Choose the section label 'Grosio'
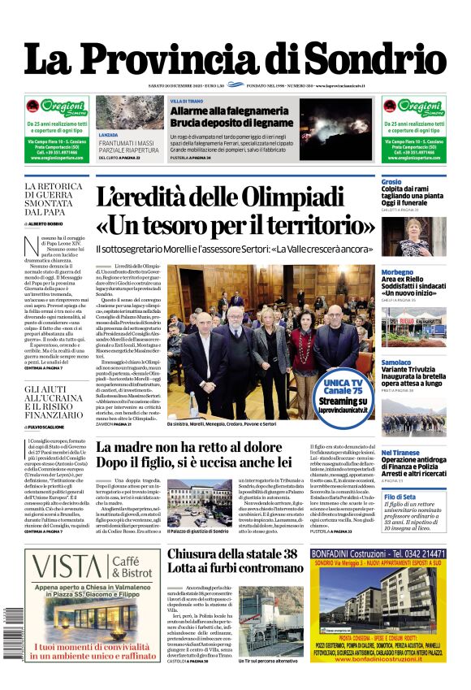pyautogui.click(x=391, y=181)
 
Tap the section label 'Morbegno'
pyautogui.click(x=398, y=272)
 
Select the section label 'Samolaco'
pyautogui.click(x=397, y=361)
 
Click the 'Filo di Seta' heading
pyautogui.click(x=400, y=496)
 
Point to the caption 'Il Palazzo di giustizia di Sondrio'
pyautogui.click(x=197, y=532)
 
